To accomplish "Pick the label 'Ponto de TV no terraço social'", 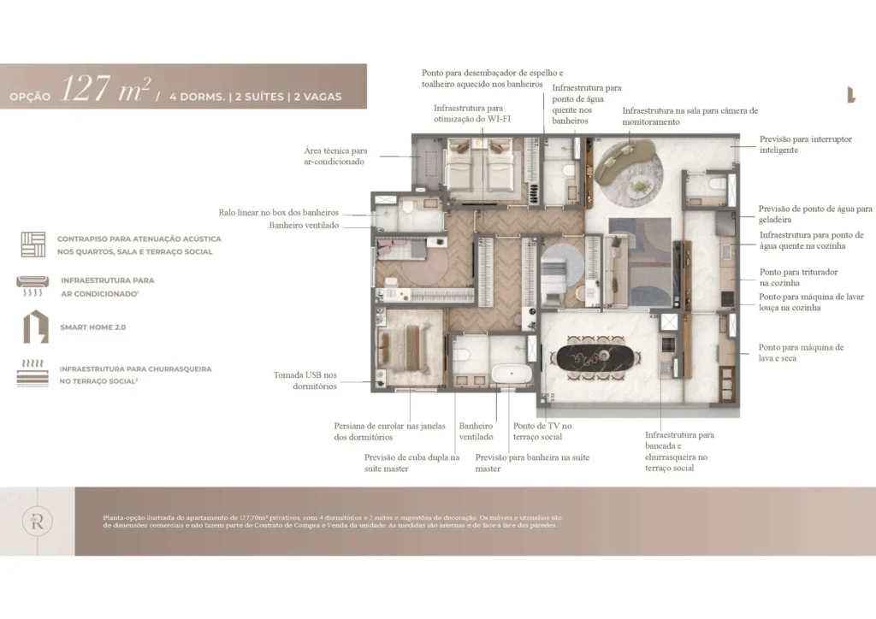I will coord(542,431).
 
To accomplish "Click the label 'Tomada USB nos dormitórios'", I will coord(305,380).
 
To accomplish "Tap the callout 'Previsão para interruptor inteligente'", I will coord(805,144).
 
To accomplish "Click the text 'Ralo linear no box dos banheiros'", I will coord(278,212).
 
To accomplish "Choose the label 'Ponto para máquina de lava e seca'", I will coord(801,353).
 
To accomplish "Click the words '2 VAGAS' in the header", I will coord(317,97).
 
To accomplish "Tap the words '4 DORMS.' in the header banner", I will coord(198,97).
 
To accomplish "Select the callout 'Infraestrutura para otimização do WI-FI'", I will coord(468,114).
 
